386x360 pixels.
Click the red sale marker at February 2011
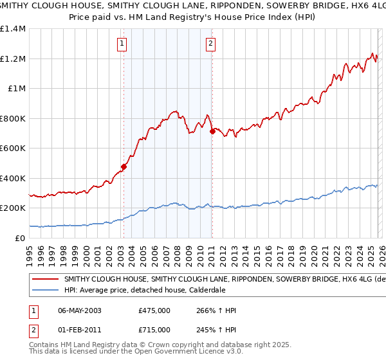(x=212, y=132)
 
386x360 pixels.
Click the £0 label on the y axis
(x=19, y=238)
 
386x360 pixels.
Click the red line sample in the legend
(x=46, y=280)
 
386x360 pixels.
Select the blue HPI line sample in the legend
(x=46, y=291)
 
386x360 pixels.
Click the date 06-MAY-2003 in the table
(x=80, y=310)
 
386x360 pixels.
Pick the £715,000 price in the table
(x=154, y=330)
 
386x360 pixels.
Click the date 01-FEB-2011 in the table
(x=80, y=330)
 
